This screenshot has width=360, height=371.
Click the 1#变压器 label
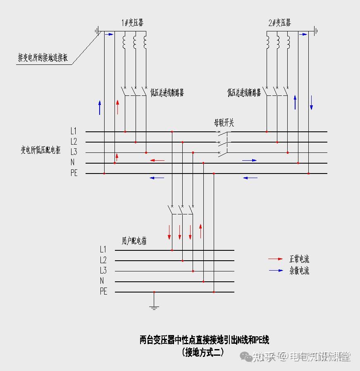point(133,23)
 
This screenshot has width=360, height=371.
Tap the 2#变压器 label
point(279,23)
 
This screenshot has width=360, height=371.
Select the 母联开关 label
point(224,123)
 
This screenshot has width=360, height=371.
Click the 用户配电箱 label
point(134,241)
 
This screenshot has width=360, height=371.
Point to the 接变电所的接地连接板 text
point(43,57)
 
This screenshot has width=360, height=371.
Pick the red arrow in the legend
point(275,259)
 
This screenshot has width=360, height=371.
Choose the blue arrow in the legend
point(275,271)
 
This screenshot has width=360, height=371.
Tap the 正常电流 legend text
point(299,259)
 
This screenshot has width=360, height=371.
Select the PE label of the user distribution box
point(103,292)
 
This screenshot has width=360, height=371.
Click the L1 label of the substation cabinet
point(74,131)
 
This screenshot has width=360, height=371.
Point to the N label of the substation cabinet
point(72,163)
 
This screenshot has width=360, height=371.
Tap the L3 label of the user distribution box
point(103,271)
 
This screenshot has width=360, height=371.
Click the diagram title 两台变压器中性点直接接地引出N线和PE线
point(204,340)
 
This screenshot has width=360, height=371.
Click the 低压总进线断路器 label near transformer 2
point(244,93)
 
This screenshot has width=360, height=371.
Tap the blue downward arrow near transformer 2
point(312,102)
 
